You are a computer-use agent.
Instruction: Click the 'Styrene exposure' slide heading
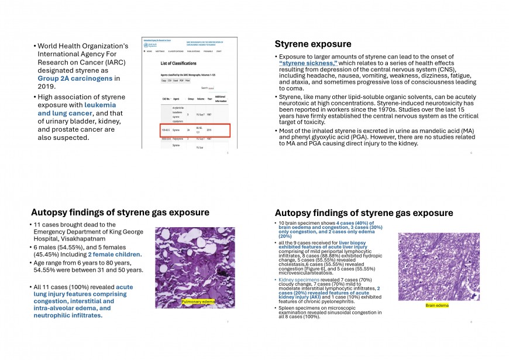(313, 44)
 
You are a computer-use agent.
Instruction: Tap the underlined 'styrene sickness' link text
(308, 63)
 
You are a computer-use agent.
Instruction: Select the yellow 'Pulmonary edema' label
(198, 301)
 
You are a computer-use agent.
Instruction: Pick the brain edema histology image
(435, 266)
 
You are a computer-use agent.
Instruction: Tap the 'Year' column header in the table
(208, 98)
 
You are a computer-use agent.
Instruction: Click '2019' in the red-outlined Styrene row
(209, 129)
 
